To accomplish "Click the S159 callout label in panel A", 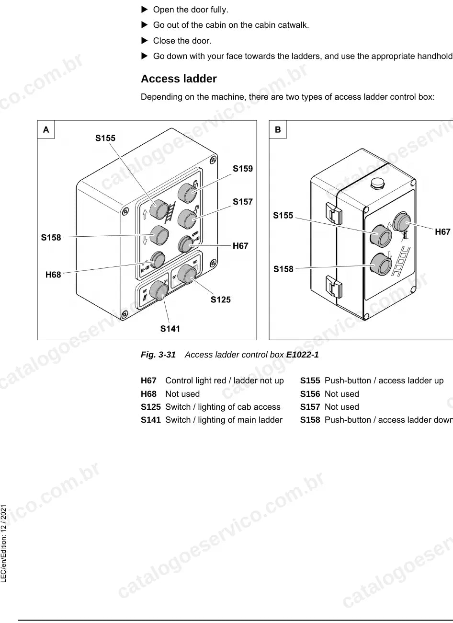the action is pyautogui.click(x=243, y=169).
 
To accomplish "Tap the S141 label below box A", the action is pyautogui.click(x=170, y=329).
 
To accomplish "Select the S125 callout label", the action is pyautogui.click(x=221, y=300).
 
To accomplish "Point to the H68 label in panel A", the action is pyautogui.click(x=53, y=275).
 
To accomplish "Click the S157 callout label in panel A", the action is pyautogui.click(x=243, y=202).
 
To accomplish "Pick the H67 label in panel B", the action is pyautogui.click(x=442, y=231).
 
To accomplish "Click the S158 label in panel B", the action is pyautogui.click(x=283, y=269).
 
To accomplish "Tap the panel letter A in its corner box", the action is pyautogui.click(x=46, y=129).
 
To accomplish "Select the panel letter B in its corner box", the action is pyautogui.click(x=278, y=129).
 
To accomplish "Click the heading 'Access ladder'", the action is pyautogui.click(x=179, y=79).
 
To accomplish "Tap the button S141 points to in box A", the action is pyautogui.click(x=159, y=290).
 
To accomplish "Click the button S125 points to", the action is pyautogui.click(x=187, y=274).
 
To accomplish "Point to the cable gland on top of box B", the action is pyautogui.click(x=377, y=183).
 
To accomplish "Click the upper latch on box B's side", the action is pyautogui.click(x=334, y=213).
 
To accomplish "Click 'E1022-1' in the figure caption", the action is pyautogui.click(x=302, y=355).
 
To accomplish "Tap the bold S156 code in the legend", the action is pyautogui.click(x=310, y=394).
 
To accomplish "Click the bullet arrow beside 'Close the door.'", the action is pyautogui.click(x=145, y=41).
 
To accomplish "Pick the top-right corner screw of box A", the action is pyautogui.click(x=213, y=160).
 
